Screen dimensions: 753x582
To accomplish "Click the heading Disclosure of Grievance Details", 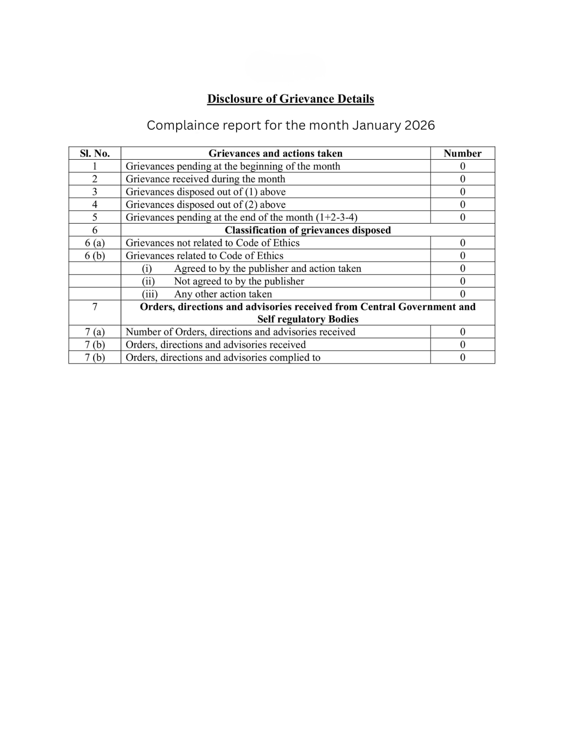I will (x=290, y=99).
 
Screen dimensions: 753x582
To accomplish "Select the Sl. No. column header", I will (x=94, y=153).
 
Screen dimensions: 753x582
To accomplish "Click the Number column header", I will (x=462, y=153).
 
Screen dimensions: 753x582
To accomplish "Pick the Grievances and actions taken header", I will (x=275, y=153).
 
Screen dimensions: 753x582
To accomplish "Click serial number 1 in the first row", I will (x=94, y=166).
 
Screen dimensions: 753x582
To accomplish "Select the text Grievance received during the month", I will (x=205, y=179).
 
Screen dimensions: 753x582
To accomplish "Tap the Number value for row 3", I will (x=462, y=192).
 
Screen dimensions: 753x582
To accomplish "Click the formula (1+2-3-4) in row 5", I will (x=336, y=217).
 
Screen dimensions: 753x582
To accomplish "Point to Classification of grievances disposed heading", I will (x=308, y=230).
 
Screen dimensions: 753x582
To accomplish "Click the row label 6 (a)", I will (x=94, y=243).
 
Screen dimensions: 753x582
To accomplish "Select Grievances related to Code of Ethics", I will (x=204, y=256).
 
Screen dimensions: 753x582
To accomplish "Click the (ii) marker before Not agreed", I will (x=148, y=281).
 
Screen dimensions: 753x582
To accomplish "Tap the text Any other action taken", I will (x=223, y=294).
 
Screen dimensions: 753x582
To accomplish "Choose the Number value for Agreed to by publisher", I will (x=462, y=268).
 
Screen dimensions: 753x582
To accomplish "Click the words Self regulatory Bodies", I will (x=308, y=319).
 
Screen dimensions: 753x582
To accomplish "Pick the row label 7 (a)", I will (x=94, y=332).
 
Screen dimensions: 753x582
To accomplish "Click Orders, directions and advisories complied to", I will (x=223, y=357).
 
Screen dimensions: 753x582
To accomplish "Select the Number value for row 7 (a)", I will (x=462, y=332).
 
